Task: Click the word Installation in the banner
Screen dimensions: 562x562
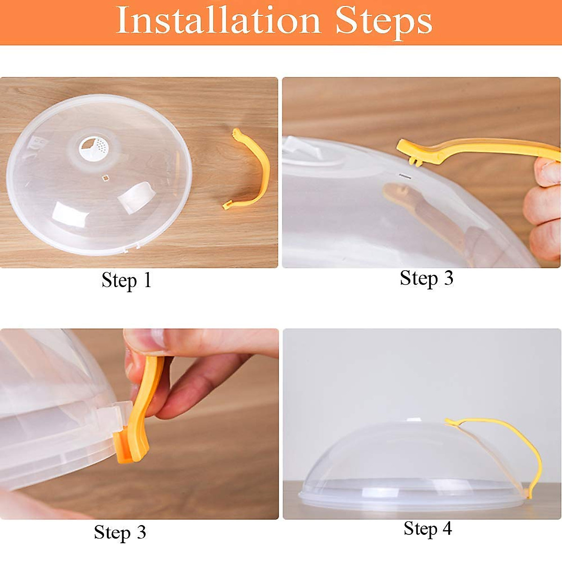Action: [218, 21]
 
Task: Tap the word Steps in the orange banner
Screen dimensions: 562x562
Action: [384, 21]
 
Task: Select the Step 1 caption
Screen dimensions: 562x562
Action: [126, 280]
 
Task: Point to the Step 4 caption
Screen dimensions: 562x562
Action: [428, 528]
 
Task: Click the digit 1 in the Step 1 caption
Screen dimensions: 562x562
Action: [147, 280]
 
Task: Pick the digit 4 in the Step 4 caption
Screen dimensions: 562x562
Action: [447, 528]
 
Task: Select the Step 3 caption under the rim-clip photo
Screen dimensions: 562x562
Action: [120, 532]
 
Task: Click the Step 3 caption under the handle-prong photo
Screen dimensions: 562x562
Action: [427, 278]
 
